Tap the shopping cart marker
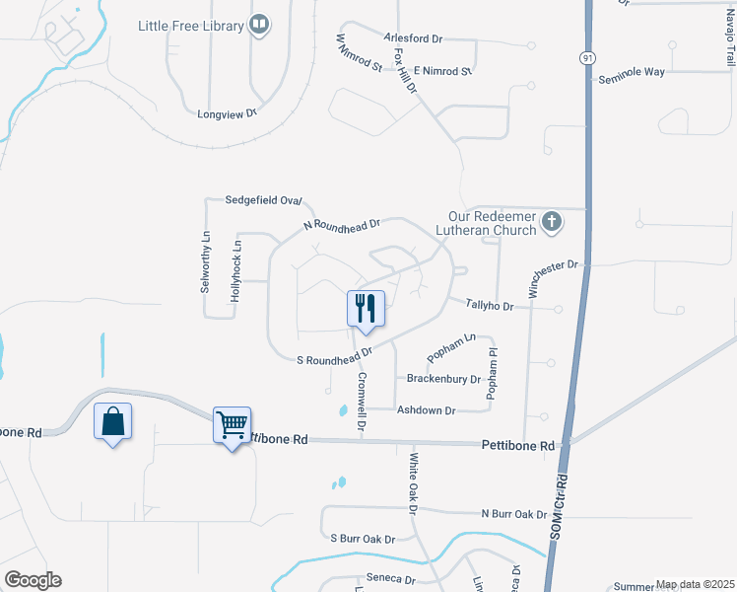tap(233, 426)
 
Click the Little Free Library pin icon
tap(260, 25)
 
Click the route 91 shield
tap(587, 57)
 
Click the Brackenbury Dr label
tap(443, 379)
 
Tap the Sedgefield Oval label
tap(264, 199)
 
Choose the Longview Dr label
tap(227, 113)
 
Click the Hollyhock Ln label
tap(236, 270)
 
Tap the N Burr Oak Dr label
tap(513, 514)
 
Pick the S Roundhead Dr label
tap(334, 356)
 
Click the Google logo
tap(33, 580)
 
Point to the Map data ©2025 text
tap(694, 584)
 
